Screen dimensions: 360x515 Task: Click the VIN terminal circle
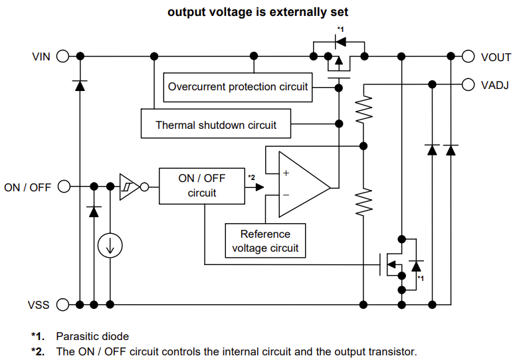point(63,56)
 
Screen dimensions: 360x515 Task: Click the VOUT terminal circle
point(468,56)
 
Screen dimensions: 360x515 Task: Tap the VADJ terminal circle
point(468,84)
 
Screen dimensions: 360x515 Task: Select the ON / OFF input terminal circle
point(63,187)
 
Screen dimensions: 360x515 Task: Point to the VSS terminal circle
point(63,305)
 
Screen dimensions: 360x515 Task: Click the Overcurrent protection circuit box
point(238,87)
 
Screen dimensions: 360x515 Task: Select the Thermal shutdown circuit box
point(216,124)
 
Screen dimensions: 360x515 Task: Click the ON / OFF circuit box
point(202,186)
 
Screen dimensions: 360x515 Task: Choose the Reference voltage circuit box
point(265,241)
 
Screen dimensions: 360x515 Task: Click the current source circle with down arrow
point(110,246)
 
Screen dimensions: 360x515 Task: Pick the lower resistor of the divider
point(363,202)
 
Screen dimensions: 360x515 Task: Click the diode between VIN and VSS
point(80,84)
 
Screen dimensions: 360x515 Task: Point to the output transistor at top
point(340,60)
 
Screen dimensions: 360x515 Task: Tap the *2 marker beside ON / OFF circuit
point(251,177)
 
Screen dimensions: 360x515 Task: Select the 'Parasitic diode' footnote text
point(92,336)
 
